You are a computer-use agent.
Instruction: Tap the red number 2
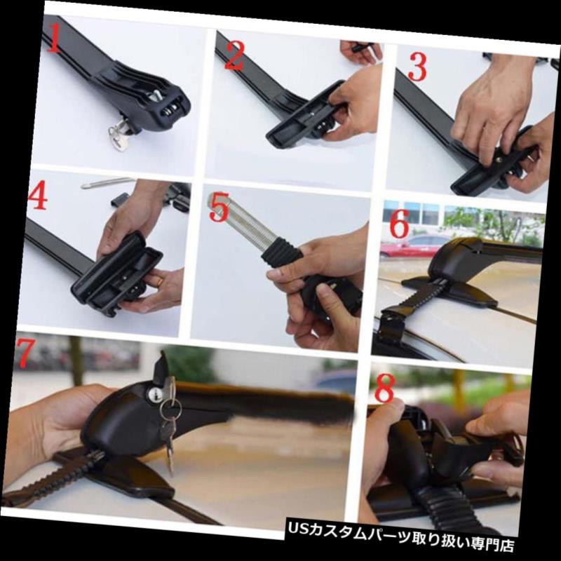pyautogui.click(x=234, y=56)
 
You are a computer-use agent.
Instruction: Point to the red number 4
pyautogui.click(x=38, y=195)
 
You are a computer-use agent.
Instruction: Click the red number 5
pyautogui.click(x=219, y=207)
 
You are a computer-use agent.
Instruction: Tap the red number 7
pyautogui.click(x=25, y=353)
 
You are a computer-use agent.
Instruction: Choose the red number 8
pyautogui.click(x=384, y=388)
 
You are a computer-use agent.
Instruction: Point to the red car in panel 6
pyautogui.click(x=414, y=245)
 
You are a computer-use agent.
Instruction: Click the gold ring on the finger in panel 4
pyautogui.click(x=161, y=283)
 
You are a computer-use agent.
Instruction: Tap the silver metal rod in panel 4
pyautogui.click(x=107, y=183)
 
